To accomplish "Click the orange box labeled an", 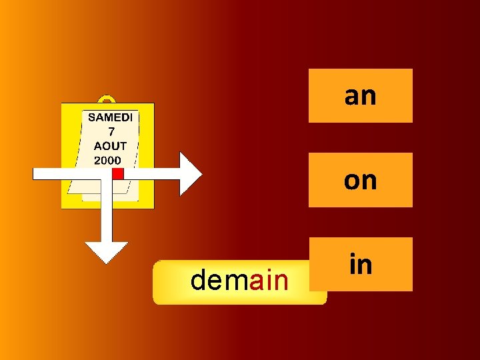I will click(360, 95).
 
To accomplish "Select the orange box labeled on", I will click(360, 179).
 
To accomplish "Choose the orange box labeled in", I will click(360, 264).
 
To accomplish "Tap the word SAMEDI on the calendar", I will click(111, 117).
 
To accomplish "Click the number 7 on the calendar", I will click(111, 132).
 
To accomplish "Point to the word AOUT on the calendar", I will click(111, 146).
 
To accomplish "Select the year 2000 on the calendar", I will click(107, 160).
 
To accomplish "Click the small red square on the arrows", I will click(118, 173).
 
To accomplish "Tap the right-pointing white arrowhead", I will click(190, 173).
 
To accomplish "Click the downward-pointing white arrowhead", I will click(106, 251).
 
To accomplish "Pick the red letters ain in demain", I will click(269, 281).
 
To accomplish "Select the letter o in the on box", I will click(352, 181).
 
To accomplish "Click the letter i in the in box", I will click(352, 264).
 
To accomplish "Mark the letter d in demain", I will click(199, 281).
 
